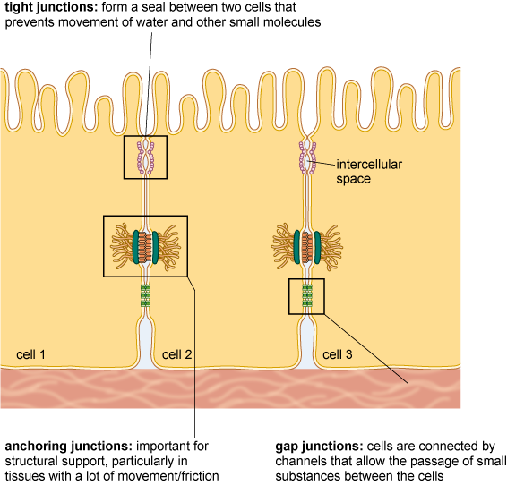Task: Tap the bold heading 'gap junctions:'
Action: pos(318,446)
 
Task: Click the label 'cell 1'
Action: pos(31,355)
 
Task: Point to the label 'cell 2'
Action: pos(177,355)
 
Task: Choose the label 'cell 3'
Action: pos(338,355)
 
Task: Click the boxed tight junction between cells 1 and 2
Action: pos(145,157)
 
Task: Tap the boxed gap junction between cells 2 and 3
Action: pos(306,295)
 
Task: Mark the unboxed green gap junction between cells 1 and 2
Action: pos(145,294)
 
